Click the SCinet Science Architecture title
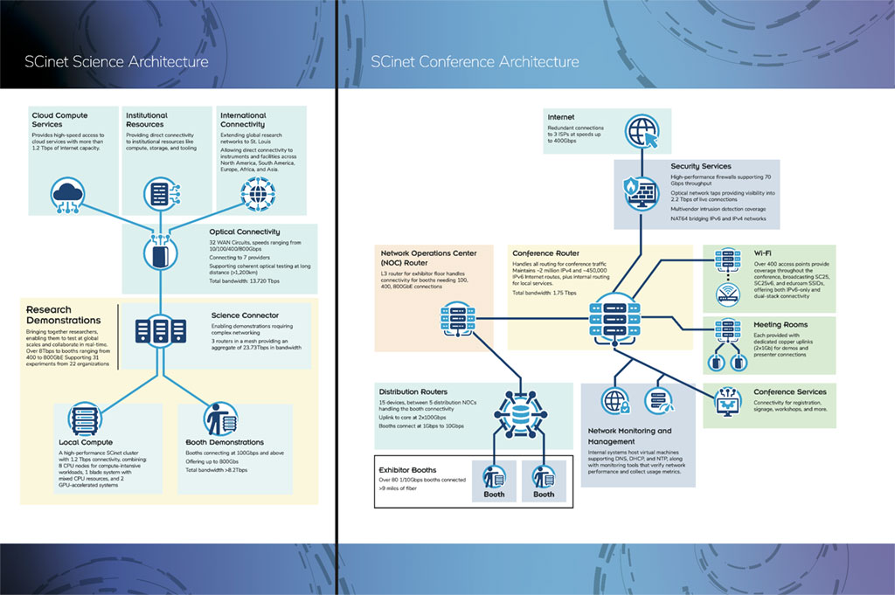(116, 62)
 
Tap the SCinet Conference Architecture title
(475, 62)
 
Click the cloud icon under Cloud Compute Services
(66, 191)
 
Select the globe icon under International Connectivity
(256, 191)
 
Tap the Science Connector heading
(245, 315)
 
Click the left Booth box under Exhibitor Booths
(495, 481)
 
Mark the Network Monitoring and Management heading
(629, 436)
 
